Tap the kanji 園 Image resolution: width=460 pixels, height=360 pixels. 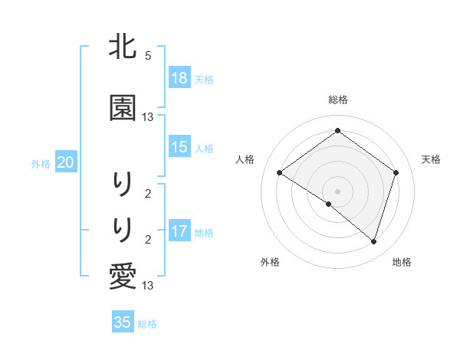click(123, 108)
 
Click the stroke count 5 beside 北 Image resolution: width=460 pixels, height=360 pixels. click(148, 56)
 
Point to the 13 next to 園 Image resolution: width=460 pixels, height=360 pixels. click(148, 117)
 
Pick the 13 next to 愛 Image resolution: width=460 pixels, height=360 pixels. click(148, 286)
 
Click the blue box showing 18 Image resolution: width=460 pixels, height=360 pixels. click(179, 78)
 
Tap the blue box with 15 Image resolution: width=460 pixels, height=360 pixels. click(179, 147)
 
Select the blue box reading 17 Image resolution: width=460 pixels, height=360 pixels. click(179, 231)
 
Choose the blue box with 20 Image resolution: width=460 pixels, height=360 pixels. click(66, 162)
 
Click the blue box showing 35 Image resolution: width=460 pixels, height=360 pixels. click(123, 322)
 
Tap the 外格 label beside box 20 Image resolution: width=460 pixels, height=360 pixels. click(41, 163)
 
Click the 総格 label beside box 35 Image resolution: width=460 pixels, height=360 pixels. click(147, 324)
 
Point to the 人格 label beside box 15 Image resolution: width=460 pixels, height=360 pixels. click(204, 148)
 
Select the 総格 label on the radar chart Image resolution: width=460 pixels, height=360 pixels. click(337, 100)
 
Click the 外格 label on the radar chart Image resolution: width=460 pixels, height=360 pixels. click(270, 262)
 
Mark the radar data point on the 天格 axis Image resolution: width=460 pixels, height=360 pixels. click(396, 172)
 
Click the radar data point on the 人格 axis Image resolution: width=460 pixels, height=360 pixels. click(280, 173)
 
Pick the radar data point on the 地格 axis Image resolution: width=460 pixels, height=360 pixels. click(373, 241)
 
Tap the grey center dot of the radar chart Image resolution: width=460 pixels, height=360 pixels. click(337, 191)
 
